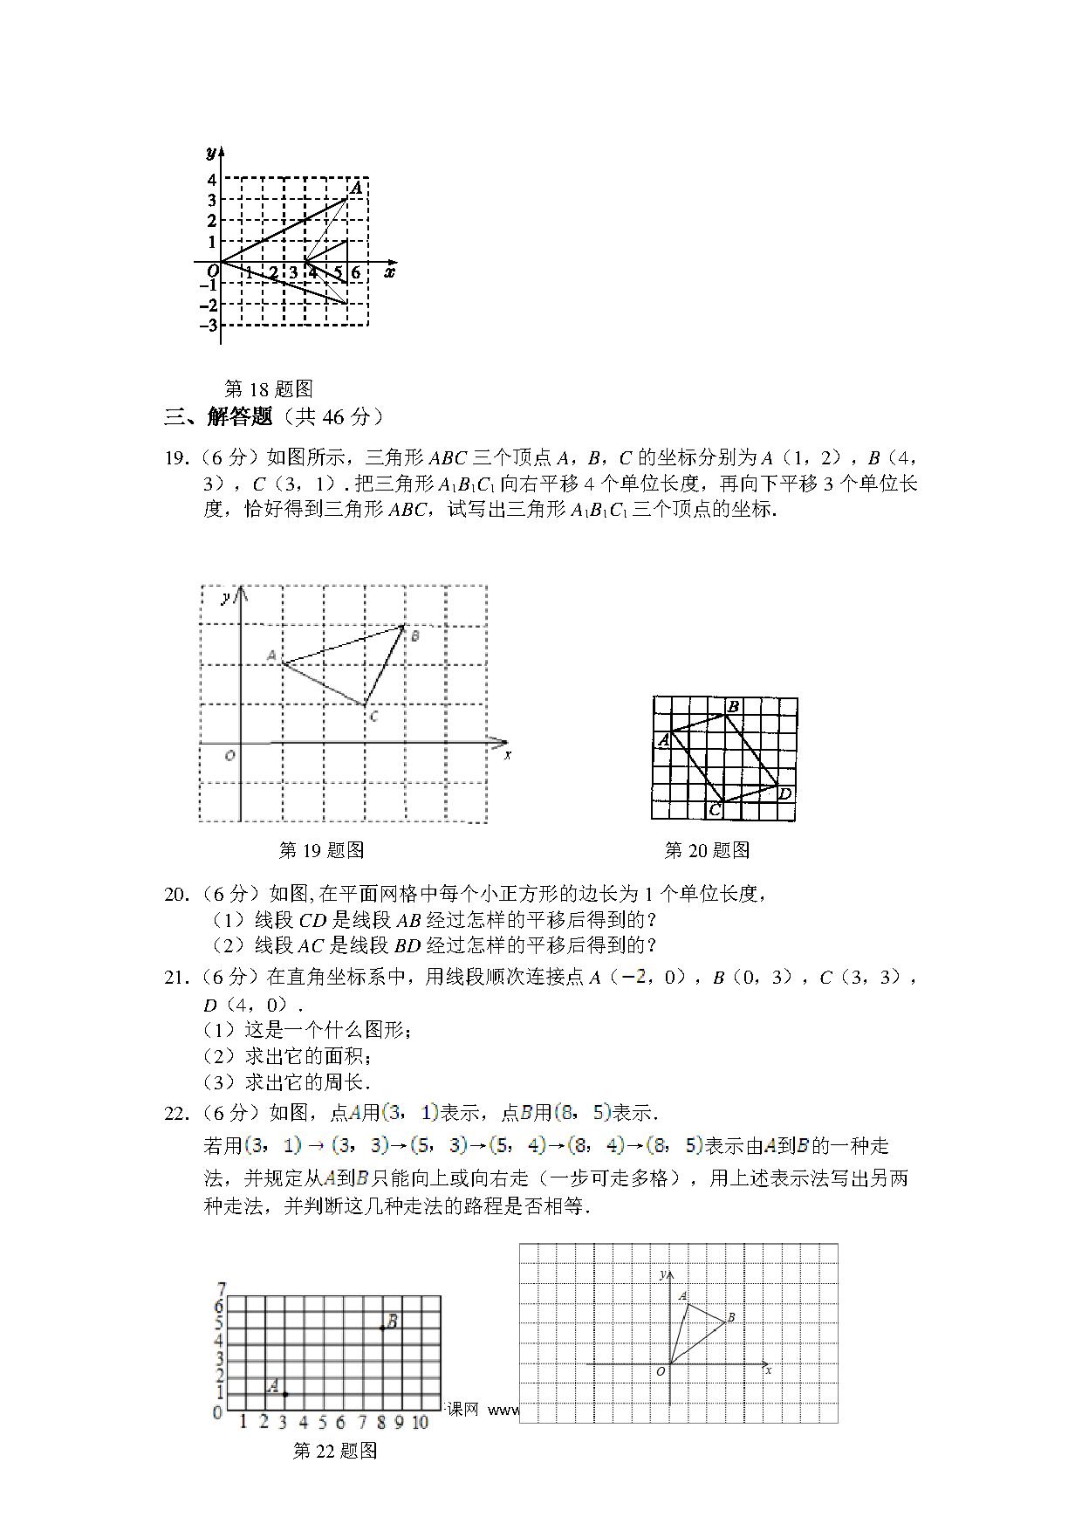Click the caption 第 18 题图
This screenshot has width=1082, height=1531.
click(x=269, y=388)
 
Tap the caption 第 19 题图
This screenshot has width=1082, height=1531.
click(x=321, y=849)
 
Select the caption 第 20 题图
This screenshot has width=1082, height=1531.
click(x=707, y=849)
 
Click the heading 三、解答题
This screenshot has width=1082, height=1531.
click(x=219, y=417)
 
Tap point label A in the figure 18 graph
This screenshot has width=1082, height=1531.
click(x=356, y=188)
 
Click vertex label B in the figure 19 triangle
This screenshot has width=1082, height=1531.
click(x=414, y=636)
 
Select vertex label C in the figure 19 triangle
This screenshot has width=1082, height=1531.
click(x=373, y=717)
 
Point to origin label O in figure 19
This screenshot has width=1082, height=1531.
click(x=229, y=755)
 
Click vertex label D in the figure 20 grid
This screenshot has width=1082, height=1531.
click(x=784, y=793)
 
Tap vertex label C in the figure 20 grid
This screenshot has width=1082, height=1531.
click(x=714, y=810)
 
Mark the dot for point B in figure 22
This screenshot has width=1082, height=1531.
click(x=382, y=1353)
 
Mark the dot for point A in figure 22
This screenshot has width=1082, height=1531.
click(x=284, y=1394)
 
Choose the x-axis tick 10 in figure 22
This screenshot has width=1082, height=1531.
click(x=420, y=1423)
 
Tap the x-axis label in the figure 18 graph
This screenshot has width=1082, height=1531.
click(x=390, y=272)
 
